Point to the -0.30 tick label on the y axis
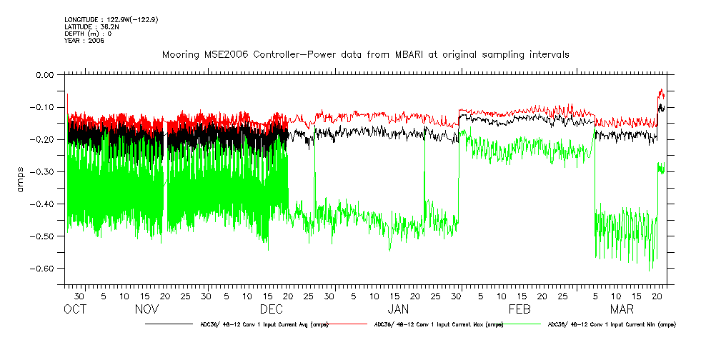click(44, 171)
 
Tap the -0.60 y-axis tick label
click(44, 269)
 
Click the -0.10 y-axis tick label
click(44, 107)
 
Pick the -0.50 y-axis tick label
click(44, 236)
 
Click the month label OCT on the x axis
click(75, 309)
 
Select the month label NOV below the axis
click(146, 309)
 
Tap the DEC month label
click(271, 309)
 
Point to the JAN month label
click(398, 309)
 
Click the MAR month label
click(622, 309)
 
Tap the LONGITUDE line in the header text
click(111, 19)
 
